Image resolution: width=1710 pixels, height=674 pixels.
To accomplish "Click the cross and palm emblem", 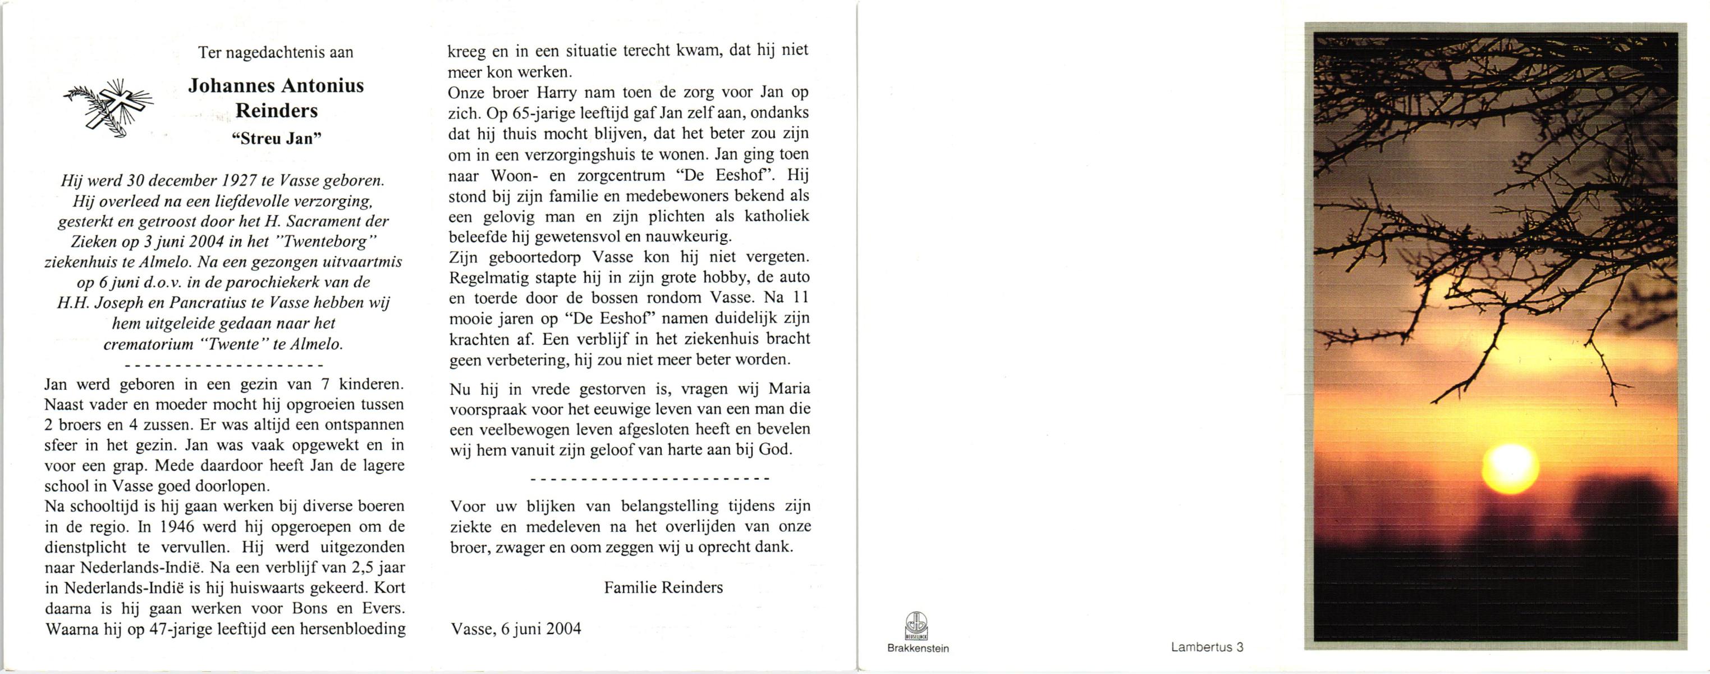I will [x=108, y=108].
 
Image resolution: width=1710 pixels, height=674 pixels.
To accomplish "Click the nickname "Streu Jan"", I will [x=276, y=138].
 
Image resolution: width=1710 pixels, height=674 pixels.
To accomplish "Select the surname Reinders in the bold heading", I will [x=277, y=110].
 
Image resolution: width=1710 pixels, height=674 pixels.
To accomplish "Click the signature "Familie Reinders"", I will [x=663, y=587].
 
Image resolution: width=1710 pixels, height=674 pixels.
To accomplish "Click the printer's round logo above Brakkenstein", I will [x=917, y=626].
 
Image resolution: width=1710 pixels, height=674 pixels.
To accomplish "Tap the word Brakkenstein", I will [x=918, y=648].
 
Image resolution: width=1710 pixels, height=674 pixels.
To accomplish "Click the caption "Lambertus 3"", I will [x=1207, y=648].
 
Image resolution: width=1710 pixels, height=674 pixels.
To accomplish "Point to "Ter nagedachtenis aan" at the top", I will [x=276, y=52].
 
